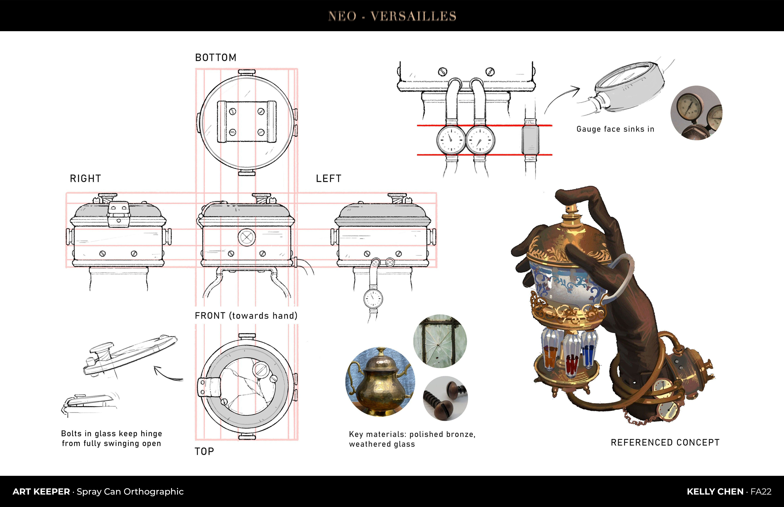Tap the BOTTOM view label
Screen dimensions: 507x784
[x=216, y=58]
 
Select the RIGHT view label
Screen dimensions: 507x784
[x=85, y=178]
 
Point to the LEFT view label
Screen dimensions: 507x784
[x=328, y=178]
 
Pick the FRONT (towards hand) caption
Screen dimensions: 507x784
[x=246, y=316]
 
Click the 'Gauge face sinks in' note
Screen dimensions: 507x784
[x=615, y=129]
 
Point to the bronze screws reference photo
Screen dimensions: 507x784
[x=445, y=398]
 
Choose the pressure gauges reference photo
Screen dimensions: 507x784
[x=696, y=113]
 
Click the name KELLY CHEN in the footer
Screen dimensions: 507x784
[x=715, y=491]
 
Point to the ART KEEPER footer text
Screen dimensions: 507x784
[x=41, y=491]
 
